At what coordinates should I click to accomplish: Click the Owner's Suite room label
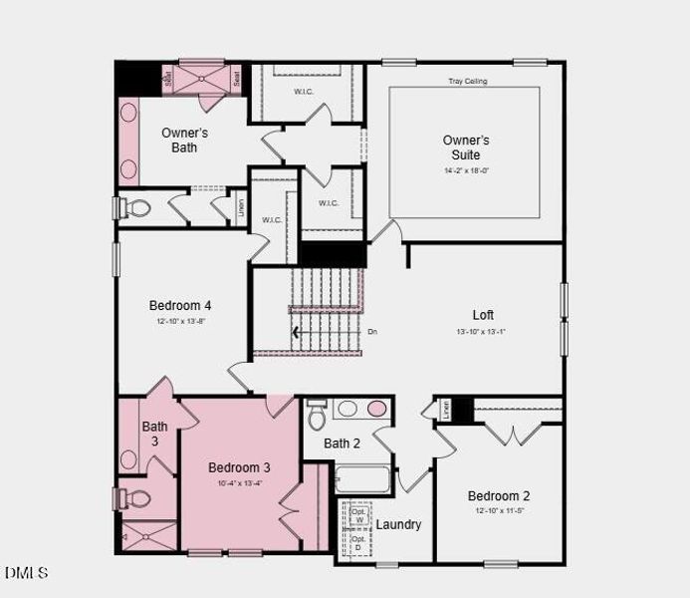pos(466,148)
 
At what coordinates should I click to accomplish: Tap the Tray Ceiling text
pos(467,81)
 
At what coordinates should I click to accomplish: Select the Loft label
pos(483,315)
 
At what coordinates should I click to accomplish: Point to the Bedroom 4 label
pos(180,305)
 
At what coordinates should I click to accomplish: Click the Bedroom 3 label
pos(239,466)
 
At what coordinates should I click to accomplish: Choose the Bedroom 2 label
pos(499,495)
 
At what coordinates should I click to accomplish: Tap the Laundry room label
pos(398,524)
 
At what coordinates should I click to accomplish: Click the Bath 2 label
pos(342,443)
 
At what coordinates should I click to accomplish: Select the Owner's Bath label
pos(184,140)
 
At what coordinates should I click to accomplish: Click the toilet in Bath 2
pos(318,413)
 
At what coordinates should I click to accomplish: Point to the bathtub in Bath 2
pos(362,479)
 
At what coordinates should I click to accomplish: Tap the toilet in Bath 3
pos(135,497)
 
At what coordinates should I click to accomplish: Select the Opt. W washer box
pos(358,515)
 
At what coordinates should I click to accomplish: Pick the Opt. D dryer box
pos(358,544)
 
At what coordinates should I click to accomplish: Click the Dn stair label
pos(372,331)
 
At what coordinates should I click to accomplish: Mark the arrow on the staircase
pos(295,333)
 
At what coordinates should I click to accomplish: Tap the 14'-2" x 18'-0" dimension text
pos(466,170)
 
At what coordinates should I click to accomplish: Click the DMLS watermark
pos(26,572)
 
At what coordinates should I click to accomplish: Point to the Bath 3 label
pos(154,434)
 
